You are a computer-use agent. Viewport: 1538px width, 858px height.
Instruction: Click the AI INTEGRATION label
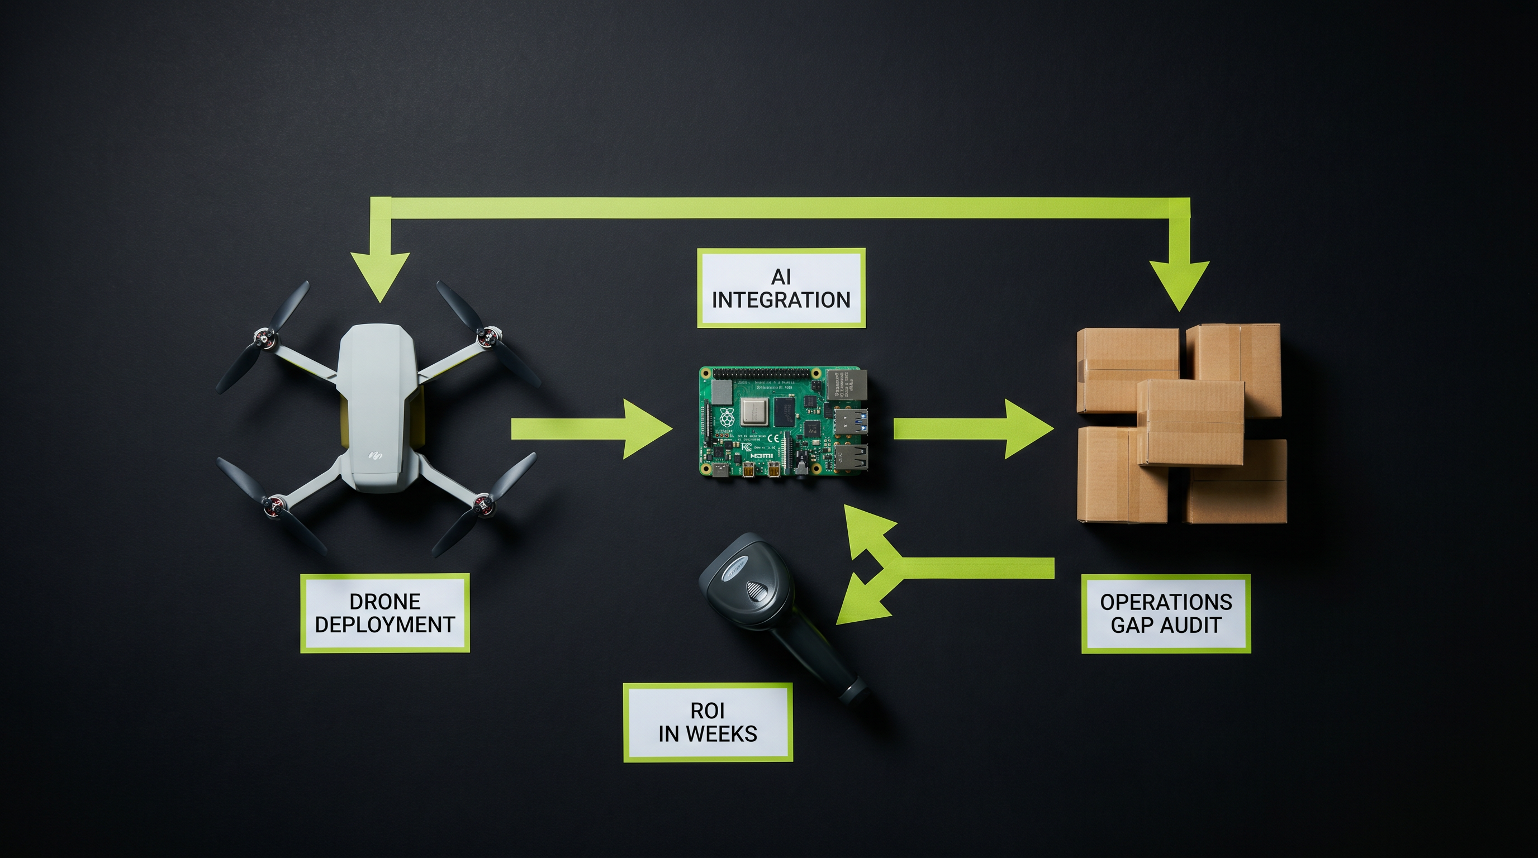tap(781, 288)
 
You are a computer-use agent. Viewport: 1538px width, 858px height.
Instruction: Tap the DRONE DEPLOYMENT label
tap(385, 613)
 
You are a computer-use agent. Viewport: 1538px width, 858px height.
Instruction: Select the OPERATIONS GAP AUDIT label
tap(1165, 613)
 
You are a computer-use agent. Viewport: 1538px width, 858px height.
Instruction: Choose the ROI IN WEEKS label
tap(708, 722)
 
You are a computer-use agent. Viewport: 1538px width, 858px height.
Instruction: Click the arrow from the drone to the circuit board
tap(591, 429)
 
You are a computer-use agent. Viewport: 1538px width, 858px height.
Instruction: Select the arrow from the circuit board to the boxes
tap(973, 429)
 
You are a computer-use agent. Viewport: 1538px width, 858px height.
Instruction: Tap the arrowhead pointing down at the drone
tap(379, 275)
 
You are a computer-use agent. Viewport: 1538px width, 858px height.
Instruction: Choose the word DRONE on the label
tap(385, 602)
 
